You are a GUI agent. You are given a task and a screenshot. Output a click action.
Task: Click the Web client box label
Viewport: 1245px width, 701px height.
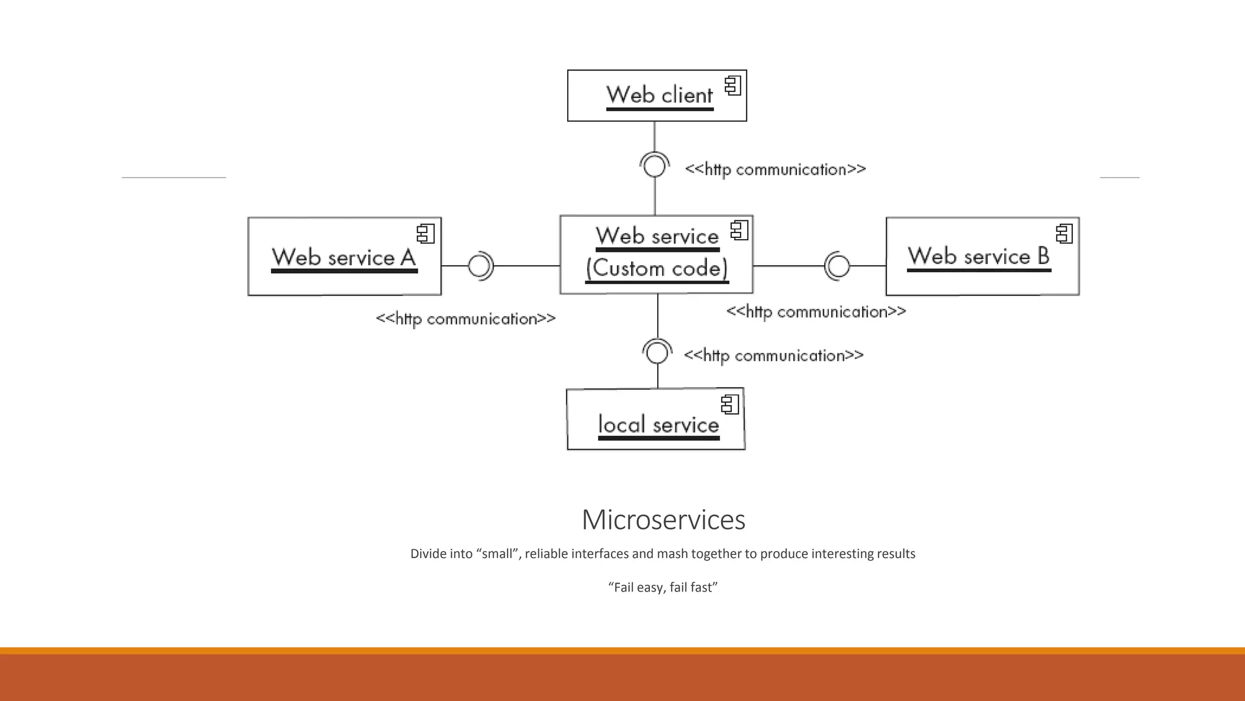pos(659,96)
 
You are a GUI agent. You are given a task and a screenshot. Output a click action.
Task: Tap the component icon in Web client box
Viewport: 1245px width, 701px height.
pos(733,86)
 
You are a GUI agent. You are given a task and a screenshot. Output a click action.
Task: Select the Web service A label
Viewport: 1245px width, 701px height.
pos(343,257)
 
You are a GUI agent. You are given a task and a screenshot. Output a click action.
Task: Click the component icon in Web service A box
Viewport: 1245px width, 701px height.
pos(426,234)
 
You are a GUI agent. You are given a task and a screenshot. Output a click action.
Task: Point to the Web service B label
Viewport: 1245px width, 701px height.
pos(978,256)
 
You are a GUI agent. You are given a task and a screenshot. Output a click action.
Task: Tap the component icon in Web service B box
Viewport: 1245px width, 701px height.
pos(1064,234)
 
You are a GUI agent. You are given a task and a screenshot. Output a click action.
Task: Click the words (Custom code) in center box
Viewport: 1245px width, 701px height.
pos(657,268)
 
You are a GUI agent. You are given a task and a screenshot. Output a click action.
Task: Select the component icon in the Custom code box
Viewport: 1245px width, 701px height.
pos(739,230)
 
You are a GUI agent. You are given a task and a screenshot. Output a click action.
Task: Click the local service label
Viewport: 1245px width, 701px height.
pos(658,424)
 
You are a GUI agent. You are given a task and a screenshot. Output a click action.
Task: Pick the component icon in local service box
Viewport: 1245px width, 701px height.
pos(730,405)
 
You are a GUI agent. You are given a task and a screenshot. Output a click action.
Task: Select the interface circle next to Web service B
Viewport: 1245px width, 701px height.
pos(839,266)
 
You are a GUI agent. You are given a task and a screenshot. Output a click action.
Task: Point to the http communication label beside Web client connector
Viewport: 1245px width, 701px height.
pos(775,169)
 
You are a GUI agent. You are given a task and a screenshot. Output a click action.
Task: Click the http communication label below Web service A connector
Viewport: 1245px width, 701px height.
pos(466,319)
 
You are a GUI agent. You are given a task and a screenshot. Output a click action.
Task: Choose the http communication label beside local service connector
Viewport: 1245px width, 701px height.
pos(773,355)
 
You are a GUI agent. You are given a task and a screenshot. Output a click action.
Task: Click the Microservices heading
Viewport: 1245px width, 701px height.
pos(663,520)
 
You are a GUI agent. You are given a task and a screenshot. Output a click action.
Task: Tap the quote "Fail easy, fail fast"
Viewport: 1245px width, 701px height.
pos(663,587)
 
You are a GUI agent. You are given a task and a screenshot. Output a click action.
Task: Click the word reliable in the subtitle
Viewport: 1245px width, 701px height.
pos(546,554)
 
